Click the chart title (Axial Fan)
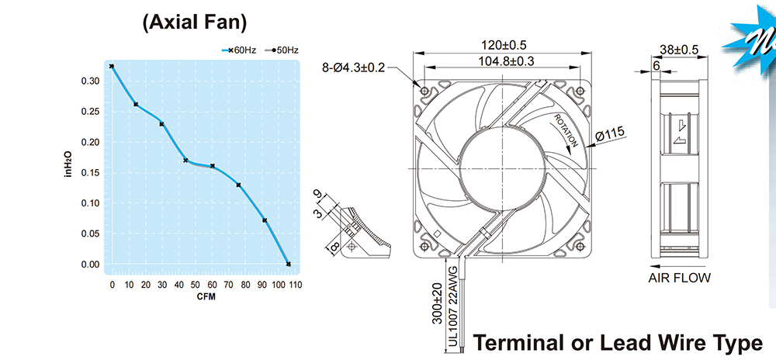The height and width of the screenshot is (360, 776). click(x=194, y=22)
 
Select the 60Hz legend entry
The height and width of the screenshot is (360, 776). click(x=238, y=50)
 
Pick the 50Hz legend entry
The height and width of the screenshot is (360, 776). click(x=282, y=50)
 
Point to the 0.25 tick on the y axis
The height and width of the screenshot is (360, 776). click(x=90, y=112)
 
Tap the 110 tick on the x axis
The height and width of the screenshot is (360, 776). click(x=296, y=285)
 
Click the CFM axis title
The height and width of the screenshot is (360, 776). click(x=206, y=296)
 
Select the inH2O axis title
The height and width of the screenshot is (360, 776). click(x=69, y=164)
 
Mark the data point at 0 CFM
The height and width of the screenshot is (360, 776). click(x=111, y=66)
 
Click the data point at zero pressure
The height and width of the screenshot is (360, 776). click(x=289, y=264)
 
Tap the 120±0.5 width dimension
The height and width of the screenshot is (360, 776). click(x=504, y=45)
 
